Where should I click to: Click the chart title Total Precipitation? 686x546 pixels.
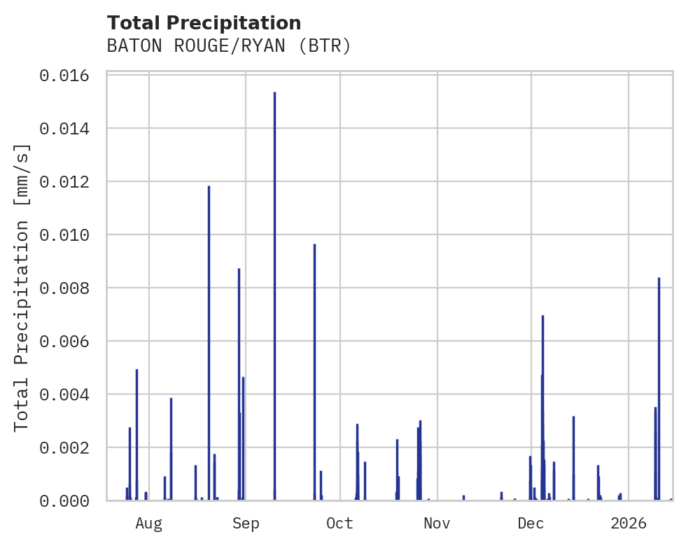point(204,23)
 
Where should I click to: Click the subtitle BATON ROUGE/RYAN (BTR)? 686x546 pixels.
point(228,46)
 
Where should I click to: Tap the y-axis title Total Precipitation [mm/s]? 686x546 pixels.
point(22,287)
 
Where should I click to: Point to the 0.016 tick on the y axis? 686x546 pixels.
point(69,76)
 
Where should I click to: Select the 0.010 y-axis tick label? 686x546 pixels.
point(69,235)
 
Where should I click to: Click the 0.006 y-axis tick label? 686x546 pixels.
point(69,342)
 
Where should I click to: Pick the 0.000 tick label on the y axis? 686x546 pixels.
point(69,501)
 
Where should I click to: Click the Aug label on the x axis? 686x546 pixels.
point(149,524)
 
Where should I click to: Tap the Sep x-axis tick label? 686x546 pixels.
point(246,524)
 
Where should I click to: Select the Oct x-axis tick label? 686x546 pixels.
point(339,524)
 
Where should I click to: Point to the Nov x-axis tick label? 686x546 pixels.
point(437,524)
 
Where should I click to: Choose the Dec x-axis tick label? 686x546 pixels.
point(531,524)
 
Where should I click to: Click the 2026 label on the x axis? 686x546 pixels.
point(628,524)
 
